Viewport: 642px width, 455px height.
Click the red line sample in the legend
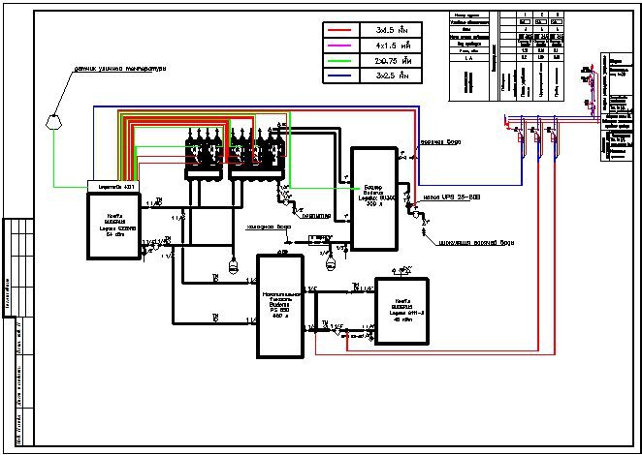(x=344, y=30)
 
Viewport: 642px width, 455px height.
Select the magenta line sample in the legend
(x=344, y=45)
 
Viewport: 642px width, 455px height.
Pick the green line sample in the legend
(x=344, y=59)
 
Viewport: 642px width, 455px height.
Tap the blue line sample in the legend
(x=344, y=74)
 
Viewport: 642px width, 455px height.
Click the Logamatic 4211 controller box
(x=114, y=186)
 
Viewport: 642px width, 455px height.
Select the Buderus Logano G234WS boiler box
(x=114, y=225)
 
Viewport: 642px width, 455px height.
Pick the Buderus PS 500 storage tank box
(x=280, y=304)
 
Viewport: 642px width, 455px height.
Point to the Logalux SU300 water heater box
(x=373, y=198)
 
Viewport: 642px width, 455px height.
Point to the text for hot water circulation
(x=480, y=242)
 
